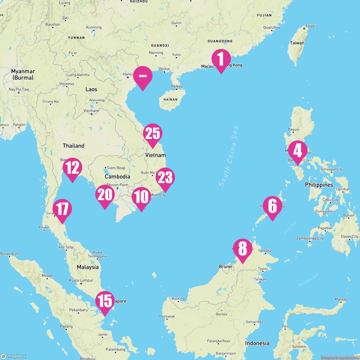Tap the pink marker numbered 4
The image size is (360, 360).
point(297,151)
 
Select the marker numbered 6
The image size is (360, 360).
point(272,207)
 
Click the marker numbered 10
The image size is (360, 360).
point(141,197)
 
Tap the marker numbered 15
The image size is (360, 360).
point(105,301)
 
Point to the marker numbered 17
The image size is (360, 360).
point(62,209)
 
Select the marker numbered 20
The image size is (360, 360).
point(105,195)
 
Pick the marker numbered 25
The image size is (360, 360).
point(153,134)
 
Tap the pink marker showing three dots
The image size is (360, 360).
point(143,76)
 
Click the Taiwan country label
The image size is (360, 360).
point(297,43)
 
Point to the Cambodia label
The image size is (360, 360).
point(117,177)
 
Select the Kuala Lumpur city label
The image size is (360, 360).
point(81,280)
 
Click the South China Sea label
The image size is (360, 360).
point(229,156)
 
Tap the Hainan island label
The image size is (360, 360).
point(170,99)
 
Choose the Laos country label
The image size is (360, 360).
point(91,89)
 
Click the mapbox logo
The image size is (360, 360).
point(13,356)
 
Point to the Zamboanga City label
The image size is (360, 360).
point(310,238)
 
